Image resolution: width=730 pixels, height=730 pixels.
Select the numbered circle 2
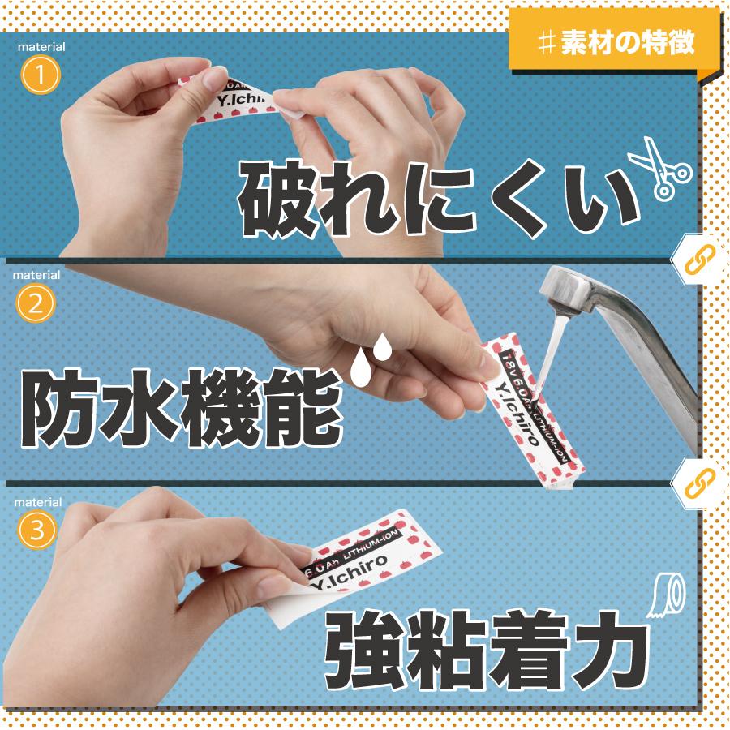point(35,304)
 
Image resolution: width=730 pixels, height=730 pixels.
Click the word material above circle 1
point(41,47)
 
